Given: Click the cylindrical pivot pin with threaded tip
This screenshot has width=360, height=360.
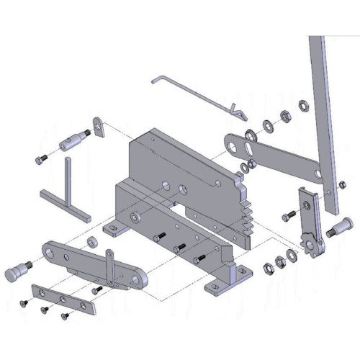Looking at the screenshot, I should [x=73, y=140].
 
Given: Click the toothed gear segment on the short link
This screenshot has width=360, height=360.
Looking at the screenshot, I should [x=312, y=248].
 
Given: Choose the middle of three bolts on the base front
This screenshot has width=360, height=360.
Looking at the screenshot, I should [x=181, y=248].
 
